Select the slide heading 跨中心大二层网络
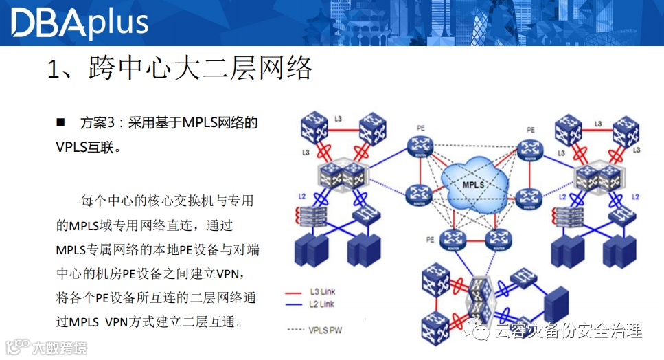[180, 69]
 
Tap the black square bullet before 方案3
[60, 123]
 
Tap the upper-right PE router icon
[529, 148]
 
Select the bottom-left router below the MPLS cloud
[451, 239]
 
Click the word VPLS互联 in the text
[88, 147]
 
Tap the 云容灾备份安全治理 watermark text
[568, 331]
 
